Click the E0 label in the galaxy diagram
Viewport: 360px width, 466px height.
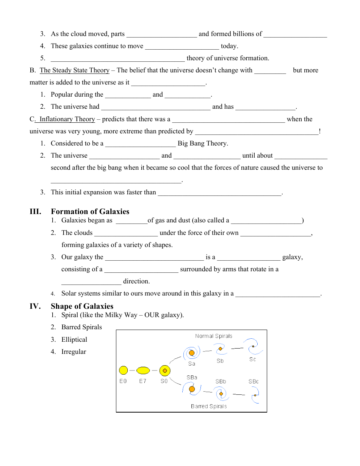coord(123,381)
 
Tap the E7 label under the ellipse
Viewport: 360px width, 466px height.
coord(142,381)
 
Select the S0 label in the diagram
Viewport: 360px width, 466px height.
coord(164,381)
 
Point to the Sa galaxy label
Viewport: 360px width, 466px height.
coord(192,364)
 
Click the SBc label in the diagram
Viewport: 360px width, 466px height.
coord(254,382)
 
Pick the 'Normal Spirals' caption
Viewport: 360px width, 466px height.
coord(213,336)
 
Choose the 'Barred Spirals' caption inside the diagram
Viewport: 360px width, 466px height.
coord(209,406)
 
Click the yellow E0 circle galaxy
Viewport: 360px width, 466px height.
coord(123,370)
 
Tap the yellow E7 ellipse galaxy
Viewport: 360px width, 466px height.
coord(143,370)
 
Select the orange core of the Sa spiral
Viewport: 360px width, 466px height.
coord(192,353)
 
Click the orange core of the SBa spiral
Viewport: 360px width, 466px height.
coord(192,389)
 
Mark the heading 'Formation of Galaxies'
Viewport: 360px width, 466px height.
coord(90,211)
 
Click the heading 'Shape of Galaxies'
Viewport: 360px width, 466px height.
coord(82,306)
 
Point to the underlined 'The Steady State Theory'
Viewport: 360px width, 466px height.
coord(74,70)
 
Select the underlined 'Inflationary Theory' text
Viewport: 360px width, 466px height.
coord(67,119)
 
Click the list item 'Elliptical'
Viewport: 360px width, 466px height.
coord(74,339)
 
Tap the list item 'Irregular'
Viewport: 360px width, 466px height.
coord(74,352)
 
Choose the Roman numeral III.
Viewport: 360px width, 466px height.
coord(35,211)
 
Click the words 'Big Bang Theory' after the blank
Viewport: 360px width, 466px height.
coord(203,144)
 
